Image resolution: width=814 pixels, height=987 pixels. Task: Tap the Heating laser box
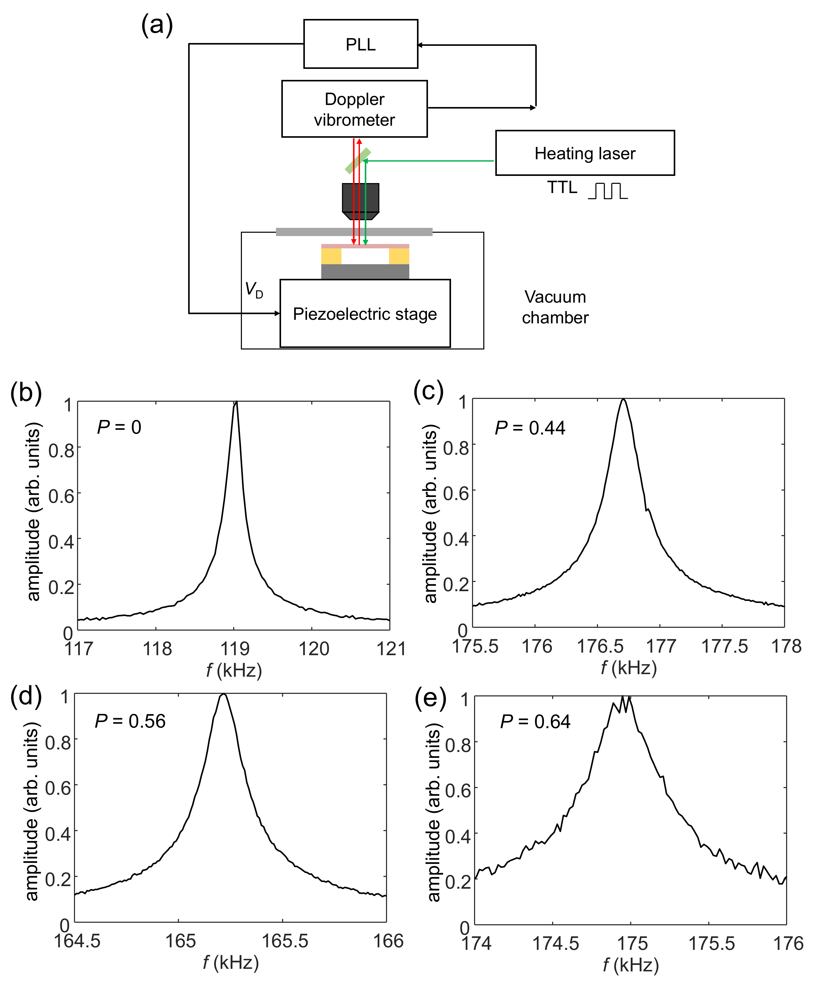585,153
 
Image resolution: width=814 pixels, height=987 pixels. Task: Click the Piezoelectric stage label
365,314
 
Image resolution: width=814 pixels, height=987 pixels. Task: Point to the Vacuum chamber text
555,307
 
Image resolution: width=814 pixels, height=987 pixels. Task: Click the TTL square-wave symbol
608,191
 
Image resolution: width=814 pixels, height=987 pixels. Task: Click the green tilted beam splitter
358,161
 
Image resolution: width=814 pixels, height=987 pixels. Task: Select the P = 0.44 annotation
530,428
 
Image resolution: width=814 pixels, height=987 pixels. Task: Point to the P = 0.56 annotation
130,721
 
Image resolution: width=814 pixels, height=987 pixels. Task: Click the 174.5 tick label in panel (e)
555,943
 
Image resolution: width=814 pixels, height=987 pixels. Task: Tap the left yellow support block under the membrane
331,256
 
